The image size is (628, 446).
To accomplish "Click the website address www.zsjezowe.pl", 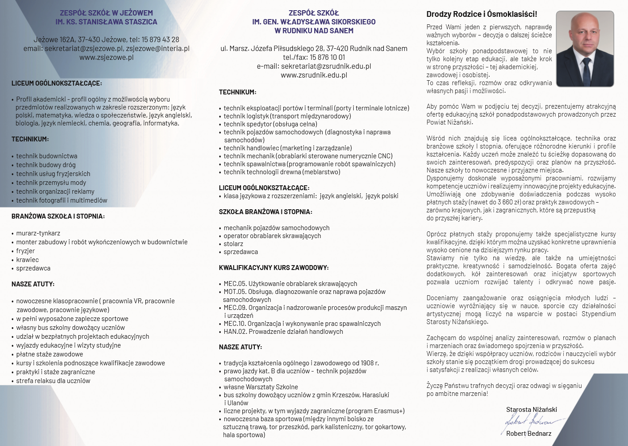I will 106,57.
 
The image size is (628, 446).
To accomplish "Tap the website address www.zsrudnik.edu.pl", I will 314,75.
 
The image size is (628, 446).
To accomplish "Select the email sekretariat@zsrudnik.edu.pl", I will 326,66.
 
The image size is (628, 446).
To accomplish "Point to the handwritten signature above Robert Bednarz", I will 530,422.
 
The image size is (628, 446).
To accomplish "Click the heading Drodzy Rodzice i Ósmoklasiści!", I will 482,14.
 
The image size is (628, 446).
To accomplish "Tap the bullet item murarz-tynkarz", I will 38,233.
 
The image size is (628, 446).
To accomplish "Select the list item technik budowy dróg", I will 46,165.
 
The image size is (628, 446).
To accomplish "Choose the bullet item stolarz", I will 233,244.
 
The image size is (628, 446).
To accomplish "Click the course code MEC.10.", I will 234,324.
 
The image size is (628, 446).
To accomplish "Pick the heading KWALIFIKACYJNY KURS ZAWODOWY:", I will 273,268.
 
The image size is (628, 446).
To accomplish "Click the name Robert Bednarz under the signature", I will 529,434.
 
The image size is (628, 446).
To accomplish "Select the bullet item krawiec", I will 27,260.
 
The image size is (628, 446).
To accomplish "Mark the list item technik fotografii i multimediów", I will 62,200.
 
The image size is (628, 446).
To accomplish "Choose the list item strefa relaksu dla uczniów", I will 53,381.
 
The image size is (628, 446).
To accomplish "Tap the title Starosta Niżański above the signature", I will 531,410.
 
